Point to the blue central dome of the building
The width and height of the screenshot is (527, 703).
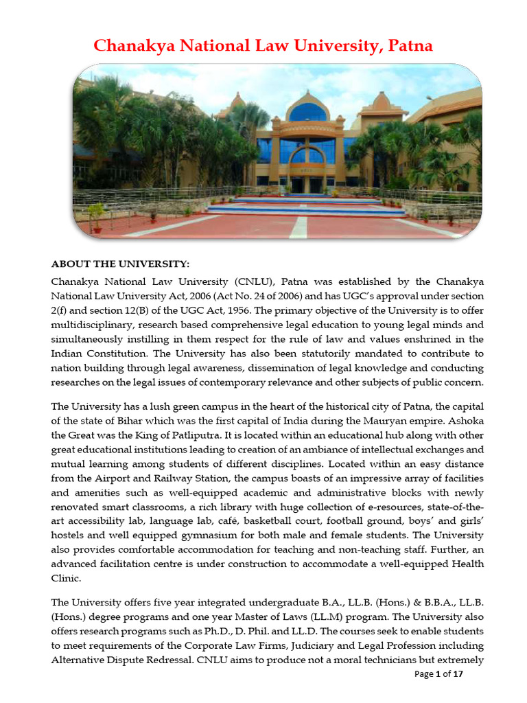pyautogui.click(x=307, y=111)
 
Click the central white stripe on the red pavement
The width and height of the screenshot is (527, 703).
pyautogui.click(x=298, y=227)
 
